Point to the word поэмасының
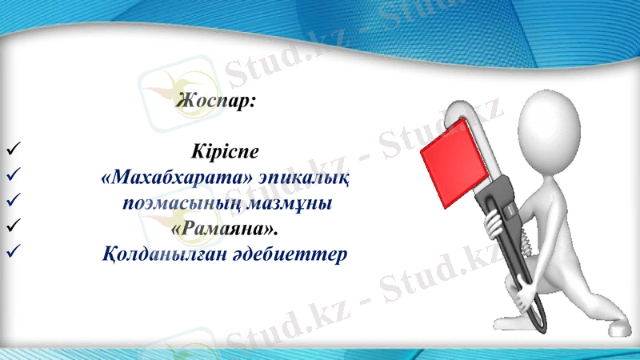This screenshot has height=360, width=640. pyautogui.click(x=168, y=203)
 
